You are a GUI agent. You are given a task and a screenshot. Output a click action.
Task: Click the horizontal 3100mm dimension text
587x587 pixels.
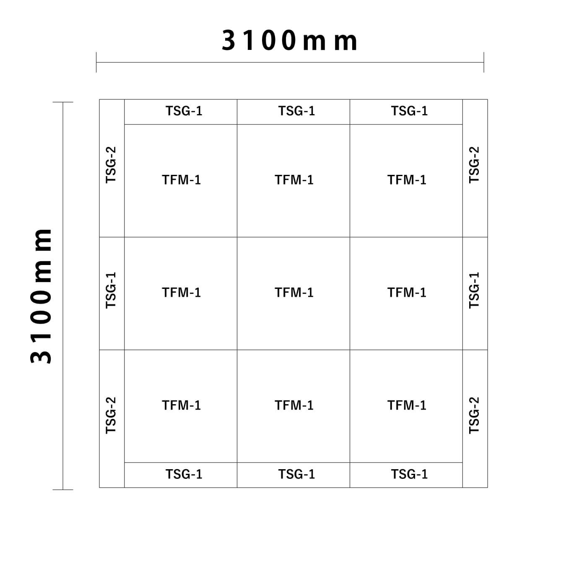[289, 41]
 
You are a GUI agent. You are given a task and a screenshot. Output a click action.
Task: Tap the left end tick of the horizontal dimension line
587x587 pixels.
[96, 62]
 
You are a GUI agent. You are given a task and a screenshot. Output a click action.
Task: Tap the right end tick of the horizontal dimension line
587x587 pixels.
[484, 62]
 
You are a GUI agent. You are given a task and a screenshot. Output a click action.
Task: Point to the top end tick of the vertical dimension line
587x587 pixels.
[63, 102]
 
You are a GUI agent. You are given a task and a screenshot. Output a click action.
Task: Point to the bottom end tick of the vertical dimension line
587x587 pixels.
[63, 490]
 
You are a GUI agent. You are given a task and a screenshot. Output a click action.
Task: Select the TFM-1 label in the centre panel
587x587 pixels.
[294, 292]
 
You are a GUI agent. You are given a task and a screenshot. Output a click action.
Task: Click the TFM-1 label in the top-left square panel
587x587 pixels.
[181, 180]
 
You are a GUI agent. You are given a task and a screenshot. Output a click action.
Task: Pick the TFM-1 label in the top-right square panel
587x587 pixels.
[407, 180]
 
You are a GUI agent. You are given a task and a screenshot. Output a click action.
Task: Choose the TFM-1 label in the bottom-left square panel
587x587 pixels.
[181, 405]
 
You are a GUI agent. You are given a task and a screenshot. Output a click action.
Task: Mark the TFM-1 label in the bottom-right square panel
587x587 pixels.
[407, 405]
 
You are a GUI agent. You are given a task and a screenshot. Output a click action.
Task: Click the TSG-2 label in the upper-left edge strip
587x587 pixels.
[111, 165]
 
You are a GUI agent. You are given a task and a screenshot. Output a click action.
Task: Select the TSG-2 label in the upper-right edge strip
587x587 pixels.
[474, 165]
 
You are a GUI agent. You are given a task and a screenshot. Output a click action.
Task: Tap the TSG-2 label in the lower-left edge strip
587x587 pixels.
[111, 416]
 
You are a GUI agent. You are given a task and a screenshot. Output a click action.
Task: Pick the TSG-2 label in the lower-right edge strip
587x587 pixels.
[474, 416]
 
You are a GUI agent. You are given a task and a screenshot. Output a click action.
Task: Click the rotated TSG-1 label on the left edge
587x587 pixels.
[111, 290]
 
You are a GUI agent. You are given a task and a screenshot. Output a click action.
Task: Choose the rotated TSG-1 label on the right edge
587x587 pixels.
[474, 290]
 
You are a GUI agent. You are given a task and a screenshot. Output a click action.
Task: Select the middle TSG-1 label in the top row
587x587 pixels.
[297, 111]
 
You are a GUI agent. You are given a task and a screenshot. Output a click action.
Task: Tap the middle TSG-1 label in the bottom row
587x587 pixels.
[297, 474]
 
